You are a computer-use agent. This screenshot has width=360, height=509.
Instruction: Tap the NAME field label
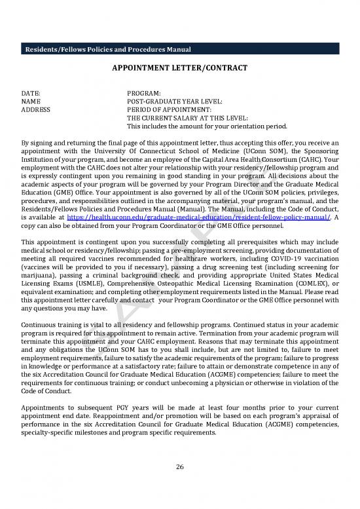tap(31, 102)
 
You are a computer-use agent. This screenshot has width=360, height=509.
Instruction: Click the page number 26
tap(179, 467)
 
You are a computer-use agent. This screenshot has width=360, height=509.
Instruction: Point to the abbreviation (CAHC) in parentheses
tap(325, 158)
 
